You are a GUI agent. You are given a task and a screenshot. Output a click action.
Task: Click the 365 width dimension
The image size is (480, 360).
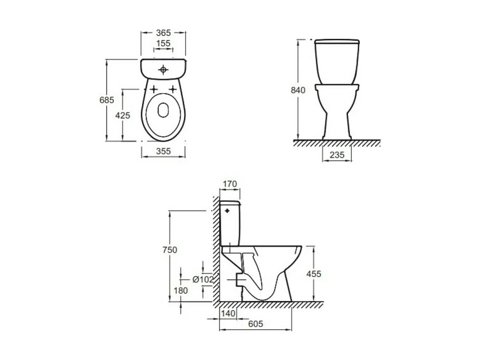click(163, 32)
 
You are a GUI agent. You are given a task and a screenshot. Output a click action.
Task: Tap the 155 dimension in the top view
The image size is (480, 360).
click(163, 44)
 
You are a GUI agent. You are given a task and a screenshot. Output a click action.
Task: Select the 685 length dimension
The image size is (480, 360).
click(106, 100)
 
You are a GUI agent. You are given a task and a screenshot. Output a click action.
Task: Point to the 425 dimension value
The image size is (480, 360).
click(122, 115)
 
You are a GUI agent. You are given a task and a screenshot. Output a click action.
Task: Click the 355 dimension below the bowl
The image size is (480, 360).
click(163, 151)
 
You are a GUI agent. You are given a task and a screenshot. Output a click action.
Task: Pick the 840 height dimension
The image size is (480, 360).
click(298, 90)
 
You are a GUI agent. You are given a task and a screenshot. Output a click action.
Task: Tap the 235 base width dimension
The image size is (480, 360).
click(337, 155)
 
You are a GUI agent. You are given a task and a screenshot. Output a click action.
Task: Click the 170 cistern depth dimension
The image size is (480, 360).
click(230, 184)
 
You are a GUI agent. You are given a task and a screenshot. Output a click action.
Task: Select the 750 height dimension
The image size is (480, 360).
click(170, 250)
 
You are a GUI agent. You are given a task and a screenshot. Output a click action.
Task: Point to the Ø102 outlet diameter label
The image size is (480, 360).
click(203, 280)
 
